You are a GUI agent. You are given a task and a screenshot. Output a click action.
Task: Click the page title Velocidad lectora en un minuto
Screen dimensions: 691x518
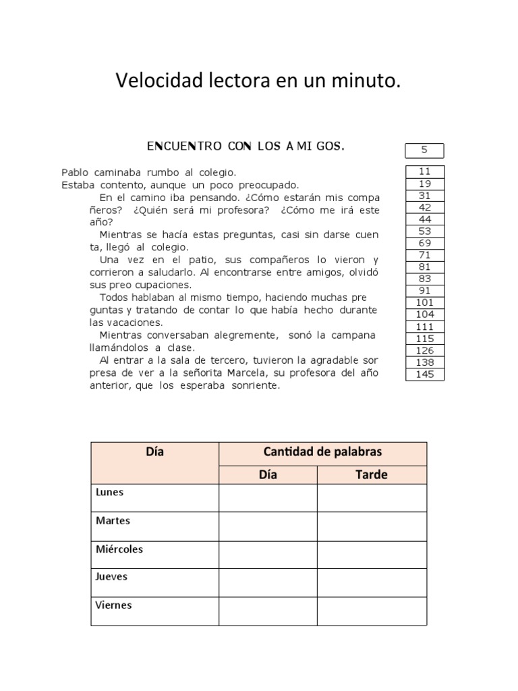click(258, 82)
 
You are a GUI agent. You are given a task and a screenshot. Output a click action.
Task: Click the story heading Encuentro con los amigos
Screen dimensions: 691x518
click(246, 146)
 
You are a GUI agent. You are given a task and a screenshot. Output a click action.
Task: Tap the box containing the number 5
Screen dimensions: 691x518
click(425, 150)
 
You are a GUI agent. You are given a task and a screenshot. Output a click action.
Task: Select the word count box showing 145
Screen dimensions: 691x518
click(425, 375)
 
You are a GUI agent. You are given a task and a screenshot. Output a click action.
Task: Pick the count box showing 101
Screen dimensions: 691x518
click(425, 302)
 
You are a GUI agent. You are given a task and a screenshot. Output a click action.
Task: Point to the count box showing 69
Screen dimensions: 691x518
click(425, 242)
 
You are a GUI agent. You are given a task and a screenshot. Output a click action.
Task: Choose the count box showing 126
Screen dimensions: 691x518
click(425, 350)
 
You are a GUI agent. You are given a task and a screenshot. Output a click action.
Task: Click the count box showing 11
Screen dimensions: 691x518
click(425, 171)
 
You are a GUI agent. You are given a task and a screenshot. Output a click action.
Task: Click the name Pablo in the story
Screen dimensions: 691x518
click(74, 173)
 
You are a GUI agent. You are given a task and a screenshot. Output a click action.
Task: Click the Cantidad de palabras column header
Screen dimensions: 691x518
click(322, 452)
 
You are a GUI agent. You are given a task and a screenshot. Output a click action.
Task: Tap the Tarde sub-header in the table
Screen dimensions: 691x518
click(372, 475)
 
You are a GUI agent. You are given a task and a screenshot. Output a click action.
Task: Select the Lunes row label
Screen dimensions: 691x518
click(110, 492)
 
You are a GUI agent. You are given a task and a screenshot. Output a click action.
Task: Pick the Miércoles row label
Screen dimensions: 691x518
click(119, 549)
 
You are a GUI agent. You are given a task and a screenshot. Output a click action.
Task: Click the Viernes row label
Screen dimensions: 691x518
click(114, 605)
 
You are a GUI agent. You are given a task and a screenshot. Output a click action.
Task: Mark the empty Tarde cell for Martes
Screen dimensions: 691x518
click(372, 526)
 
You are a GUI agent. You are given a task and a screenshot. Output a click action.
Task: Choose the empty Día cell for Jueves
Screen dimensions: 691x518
click(268, 582)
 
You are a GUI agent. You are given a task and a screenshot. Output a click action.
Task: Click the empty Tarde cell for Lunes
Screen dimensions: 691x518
click(372, 497)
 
